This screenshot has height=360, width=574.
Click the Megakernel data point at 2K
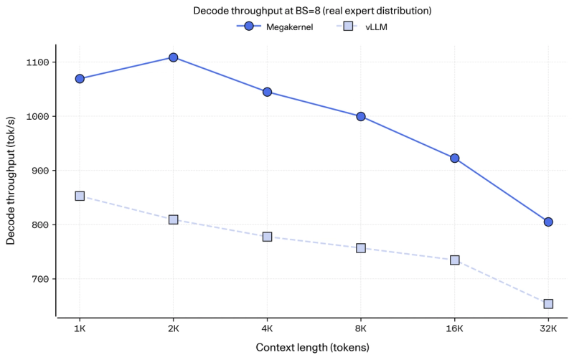[x=173, y=57]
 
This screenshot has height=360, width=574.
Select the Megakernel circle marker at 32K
[x=548, y=222]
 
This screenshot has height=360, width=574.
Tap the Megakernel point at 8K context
[x=361, y=117]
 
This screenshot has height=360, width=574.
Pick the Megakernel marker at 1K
[x=80, y=79]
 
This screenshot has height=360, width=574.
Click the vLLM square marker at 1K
[x=80, y=196]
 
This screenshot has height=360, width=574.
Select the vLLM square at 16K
[x=454, y=260]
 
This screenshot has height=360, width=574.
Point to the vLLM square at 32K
[x=548, y=303]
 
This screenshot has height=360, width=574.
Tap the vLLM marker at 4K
[x=267, y=237]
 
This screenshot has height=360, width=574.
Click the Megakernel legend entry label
[x=289, y=27]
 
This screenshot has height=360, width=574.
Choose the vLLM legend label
[x=376, y=27]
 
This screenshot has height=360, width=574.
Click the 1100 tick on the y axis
[x=38, y=62]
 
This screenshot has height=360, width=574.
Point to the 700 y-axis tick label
[x=40, y=279]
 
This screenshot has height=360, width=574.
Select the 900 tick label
[x=40, y=171]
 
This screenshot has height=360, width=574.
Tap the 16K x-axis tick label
[x=454, y=328]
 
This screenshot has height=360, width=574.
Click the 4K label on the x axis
[x=267, y=328]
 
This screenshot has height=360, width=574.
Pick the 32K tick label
[x=548, y=328]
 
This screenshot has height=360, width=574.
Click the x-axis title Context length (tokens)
[x=312, y=347]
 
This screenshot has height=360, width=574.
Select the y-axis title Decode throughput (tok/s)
[x=11, y=181]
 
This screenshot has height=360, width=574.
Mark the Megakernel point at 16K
[x=454, y=158]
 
